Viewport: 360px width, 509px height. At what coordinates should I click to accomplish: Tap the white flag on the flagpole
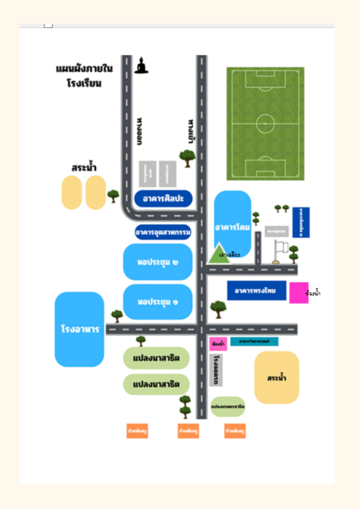(x=282, y=246)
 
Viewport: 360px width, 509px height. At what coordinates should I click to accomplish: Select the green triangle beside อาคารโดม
(x=218, y=253)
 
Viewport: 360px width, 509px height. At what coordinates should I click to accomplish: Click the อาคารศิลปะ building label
(x=164, y=198)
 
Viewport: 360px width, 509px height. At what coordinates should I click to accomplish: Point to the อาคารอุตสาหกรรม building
(x=163, y=232)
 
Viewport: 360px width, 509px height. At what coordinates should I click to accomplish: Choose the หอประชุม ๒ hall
(x=158, y=262)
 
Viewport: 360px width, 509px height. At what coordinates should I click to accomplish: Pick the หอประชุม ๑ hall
(x=158, y=302)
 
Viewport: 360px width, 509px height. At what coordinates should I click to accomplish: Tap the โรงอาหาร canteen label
(x=80, y=329)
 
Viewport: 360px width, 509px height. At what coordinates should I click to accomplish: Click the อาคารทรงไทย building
(x=256, y=291)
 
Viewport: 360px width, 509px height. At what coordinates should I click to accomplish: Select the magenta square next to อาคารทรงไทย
(x=299, y=293)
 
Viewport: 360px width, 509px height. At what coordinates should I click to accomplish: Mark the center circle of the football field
(x=265, y=123)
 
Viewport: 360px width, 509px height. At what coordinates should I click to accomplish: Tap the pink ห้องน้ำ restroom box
(x=218, y=344)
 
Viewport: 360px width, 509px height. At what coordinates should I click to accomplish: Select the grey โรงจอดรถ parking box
(x=216, y=370)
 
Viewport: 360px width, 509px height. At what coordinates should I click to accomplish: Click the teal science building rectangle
(x=254, y=342)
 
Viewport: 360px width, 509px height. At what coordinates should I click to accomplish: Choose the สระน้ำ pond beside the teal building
(x=277, y=377)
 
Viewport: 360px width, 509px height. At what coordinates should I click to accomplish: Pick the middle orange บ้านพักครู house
(x=188, y=430)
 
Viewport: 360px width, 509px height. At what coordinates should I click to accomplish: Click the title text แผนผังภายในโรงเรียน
(x=84, y=76)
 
